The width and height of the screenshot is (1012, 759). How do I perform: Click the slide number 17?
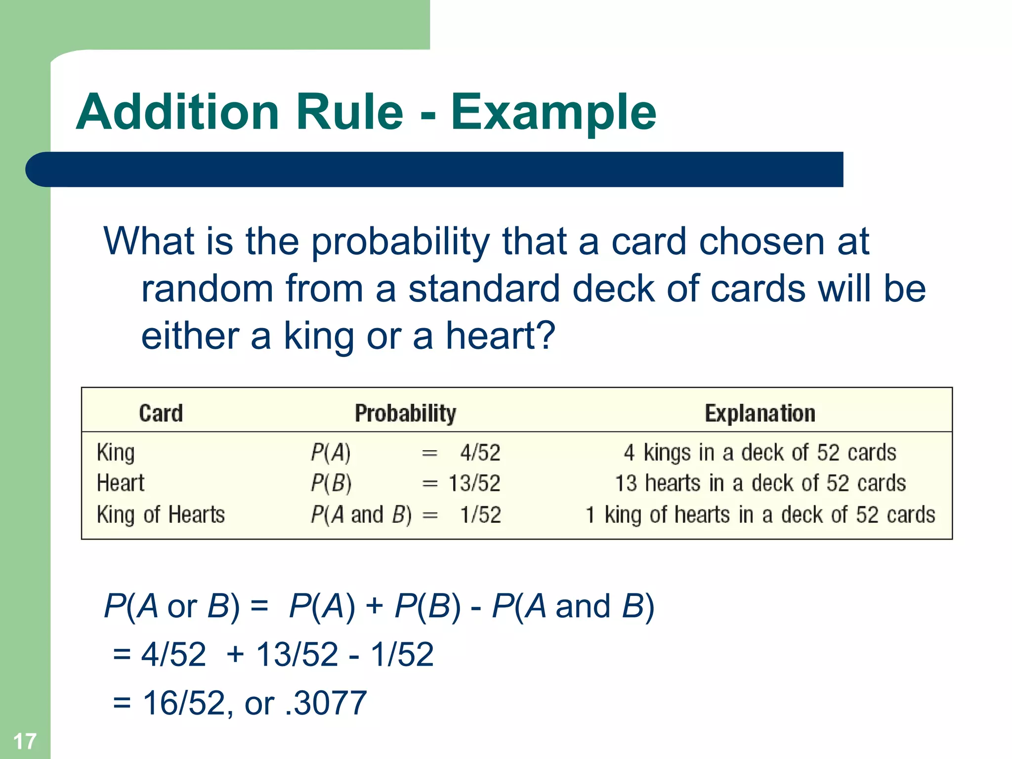tap(24, 741)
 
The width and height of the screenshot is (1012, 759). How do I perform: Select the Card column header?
tap(161, 413)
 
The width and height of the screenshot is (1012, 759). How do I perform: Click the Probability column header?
tap(405, 413)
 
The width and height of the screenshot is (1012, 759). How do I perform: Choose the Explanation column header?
tap(759, 413)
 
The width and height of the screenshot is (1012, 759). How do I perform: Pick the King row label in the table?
tap(116, 453)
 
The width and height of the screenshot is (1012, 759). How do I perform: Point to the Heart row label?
tap(121, 483)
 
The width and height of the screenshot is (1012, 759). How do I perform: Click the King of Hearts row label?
tap(161, 515)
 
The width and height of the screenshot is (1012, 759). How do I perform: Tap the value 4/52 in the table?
tap(480, 453)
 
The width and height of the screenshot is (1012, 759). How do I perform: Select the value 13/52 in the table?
tap(474, 483)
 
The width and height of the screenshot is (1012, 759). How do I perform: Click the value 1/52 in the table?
tap(480, 515)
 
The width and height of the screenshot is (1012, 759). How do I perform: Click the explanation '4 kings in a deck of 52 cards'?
tap(759, 453)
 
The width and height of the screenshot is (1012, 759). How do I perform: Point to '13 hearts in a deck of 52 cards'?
tap(760, 483)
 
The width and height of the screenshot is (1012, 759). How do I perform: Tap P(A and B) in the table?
tap(361, 515)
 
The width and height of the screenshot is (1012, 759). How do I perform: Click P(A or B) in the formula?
tap(171, 606)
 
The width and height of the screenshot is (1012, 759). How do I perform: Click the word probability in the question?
tap(400, 242)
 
